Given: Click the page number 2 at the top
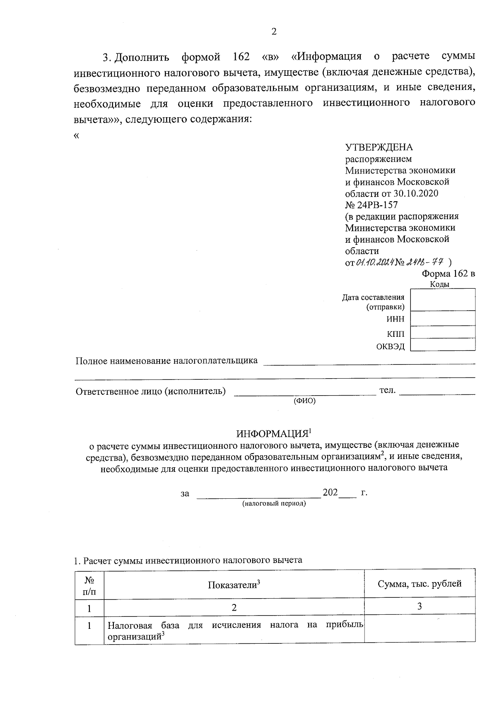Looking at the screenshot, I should click(273, 32).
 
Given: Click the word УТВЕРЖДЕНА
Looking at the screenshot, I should click(379, 147).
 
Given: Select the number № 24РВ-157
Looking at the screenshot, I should click(371, 205).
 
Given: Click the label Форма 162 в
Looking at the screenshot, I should click(448, 273).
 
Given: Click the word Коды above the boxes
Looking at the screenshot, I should click(440, 284).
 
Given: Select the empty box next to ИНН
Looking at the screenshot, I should click(443, 319).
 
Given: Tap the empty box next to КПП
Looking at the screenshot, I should click(443, 332).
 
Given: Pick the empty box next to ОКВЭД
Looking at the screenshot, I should click(443, 345).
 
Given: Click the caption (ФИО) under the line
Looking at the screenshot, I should click(304, 401).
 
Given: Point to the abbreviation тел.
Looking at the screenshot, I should click(388, 390).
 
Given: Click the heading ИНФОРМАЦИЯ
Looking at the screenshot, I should click(273, 434).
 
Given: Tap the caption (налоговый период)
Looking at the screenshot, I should click(274, 504).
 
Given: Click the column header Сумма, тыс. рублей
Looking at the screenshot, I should click(420, 584).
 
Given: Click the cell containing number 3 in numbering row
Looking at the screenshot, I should click(420, 606).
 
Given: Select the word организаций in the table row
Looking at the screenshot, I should click(134, 637).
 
